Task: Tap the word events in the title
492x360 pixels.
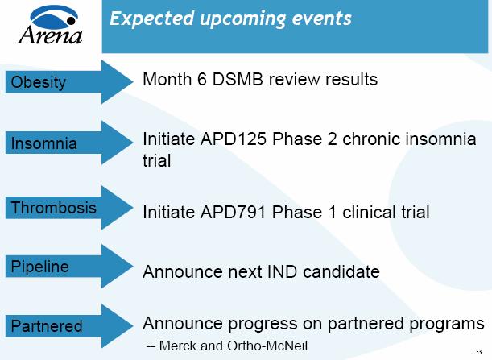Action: coord(322,18)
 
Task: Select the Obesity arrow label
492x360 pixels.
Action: coord(39,82)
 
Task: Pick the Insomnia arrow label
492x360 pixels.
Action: coord(44,144)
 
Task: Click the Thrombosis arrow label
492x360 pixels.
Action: coord(54,208)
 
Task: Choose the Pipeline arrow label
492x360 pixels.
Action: coord(40,266)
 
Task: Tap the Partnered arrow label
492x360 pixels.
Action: coord(47,326)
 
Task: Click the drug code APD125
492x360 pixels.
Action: coord(238,139)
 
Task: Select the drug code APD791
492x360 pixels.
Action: coord(238,213)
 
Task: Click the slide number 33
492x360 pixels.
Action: coord(478,351)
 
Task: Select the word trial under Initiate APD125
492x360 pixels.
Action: coord(157,161)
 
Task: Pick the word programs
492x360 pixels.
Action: coord(446,325)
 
